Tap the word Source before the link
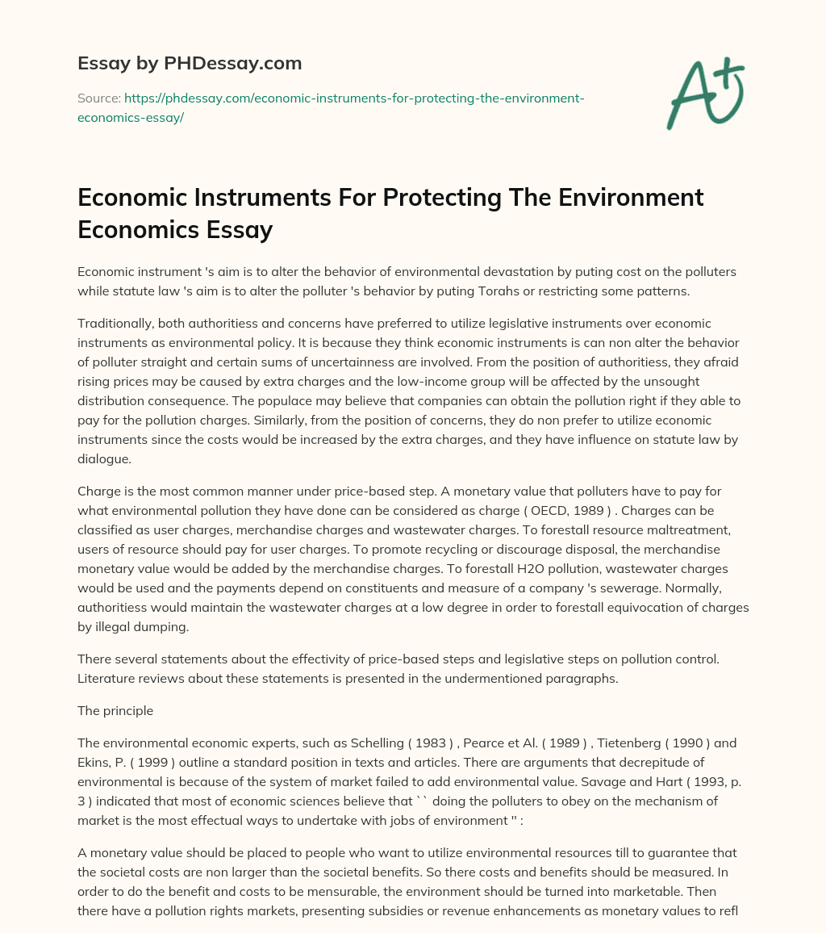[98, 98]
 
